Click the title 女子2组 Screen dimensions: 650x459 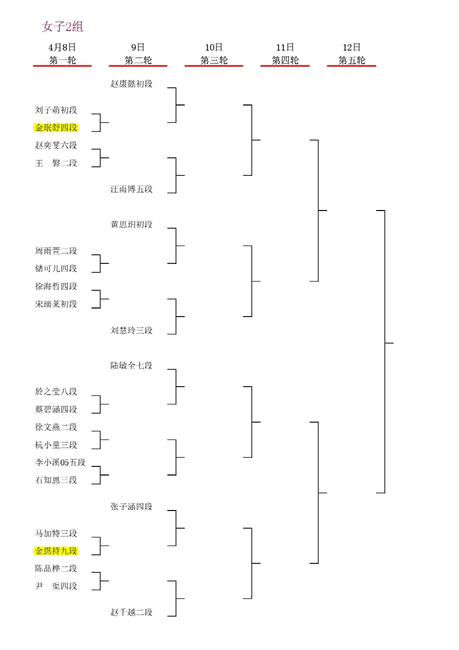pos(62,26)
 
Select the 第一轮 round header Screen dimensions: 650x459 pos(62,60)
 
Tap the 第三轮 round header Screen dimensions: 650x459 pos(214,60)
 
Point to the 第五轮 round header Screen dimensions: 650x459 pos(352,60)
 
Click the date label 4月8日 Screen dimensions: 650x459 pos(62,47)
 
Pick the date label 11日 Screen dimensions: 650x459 pos(285,47)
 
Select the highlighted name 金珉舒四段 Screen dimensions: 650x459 pos(56,127)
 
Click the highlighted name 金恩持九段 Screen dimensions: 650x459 pos(56,551)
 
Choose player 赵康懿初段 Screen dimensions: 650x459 pos(131,84)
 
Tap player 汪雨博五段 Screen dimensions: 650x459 pos(131,189)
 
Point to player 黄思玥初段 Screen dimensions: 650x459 pos(131,224)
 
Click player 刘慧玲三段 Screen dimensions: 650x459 pos(131,330)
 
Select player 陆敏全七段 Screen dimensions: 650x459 pos(131,365)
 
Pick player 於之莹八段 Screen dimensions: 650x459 pos(56,392)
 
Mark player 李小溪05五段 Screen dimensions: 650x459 pos(60,462)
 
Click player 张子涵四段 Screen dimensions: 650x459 pos(131,507)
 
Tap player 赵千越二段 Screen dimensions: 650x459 pos(131,612)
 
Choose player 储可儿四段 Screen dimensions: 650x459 pos(56,268)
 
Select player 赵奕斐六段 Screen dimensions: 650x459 pos(56,145)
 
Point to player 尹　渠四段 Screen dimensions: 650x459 pos(56,586)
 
